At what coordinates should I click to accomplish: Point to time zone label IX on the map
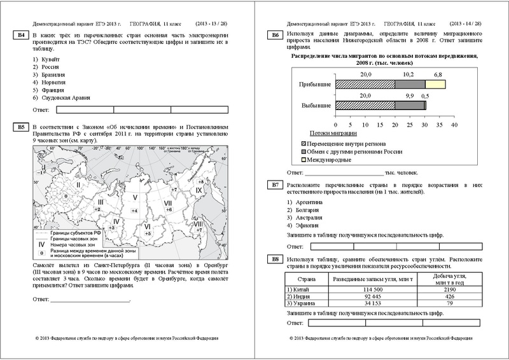(x=198, y=191)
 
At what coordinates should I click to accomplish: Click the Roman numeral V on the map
(x=135, y=188)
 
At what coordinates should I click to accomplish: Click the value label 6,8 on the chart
(x=438, y=74)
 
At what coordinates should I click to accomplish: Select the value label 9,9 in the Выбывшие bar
(x=409, y=95)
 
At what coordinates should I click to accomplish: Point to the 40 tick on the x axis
(x=454, y=126)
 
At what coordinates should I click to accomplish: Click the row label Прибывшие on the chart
(x=314, y=84)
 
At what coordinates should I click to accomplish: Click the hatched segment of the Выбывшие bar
(x=365, y=106)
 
